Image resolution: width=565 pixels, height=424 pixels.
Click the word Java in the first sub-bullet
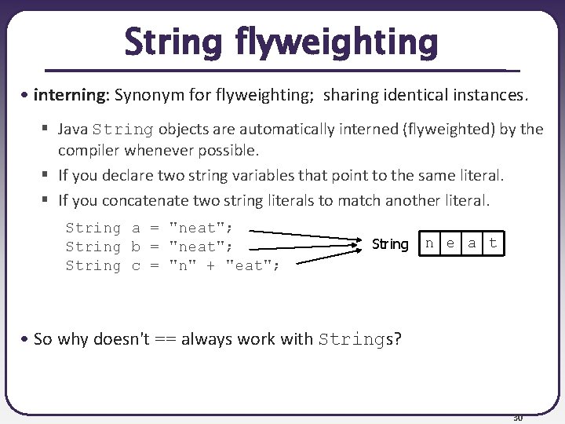point(73,129)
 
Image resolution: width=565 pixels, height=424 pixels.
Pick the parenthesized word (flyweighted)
point(442,129)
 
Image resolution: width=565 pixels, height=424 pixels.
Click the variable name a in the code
point(136,228)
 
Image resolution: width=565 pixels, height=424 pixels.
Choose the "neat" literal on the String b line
point(199,247)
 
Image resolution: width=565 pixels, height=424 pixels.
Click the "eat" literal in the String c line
point(250,266)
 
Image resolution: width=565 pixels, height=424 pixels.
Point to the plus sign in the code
point(211,266)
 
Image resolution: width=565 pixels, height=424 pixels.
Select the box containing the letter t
point(493,243)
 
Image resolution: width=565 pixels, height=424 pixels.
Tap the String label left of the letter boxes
point(390,244)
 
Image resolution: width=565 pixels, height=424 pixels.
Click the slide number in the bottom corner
point(517,417)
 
